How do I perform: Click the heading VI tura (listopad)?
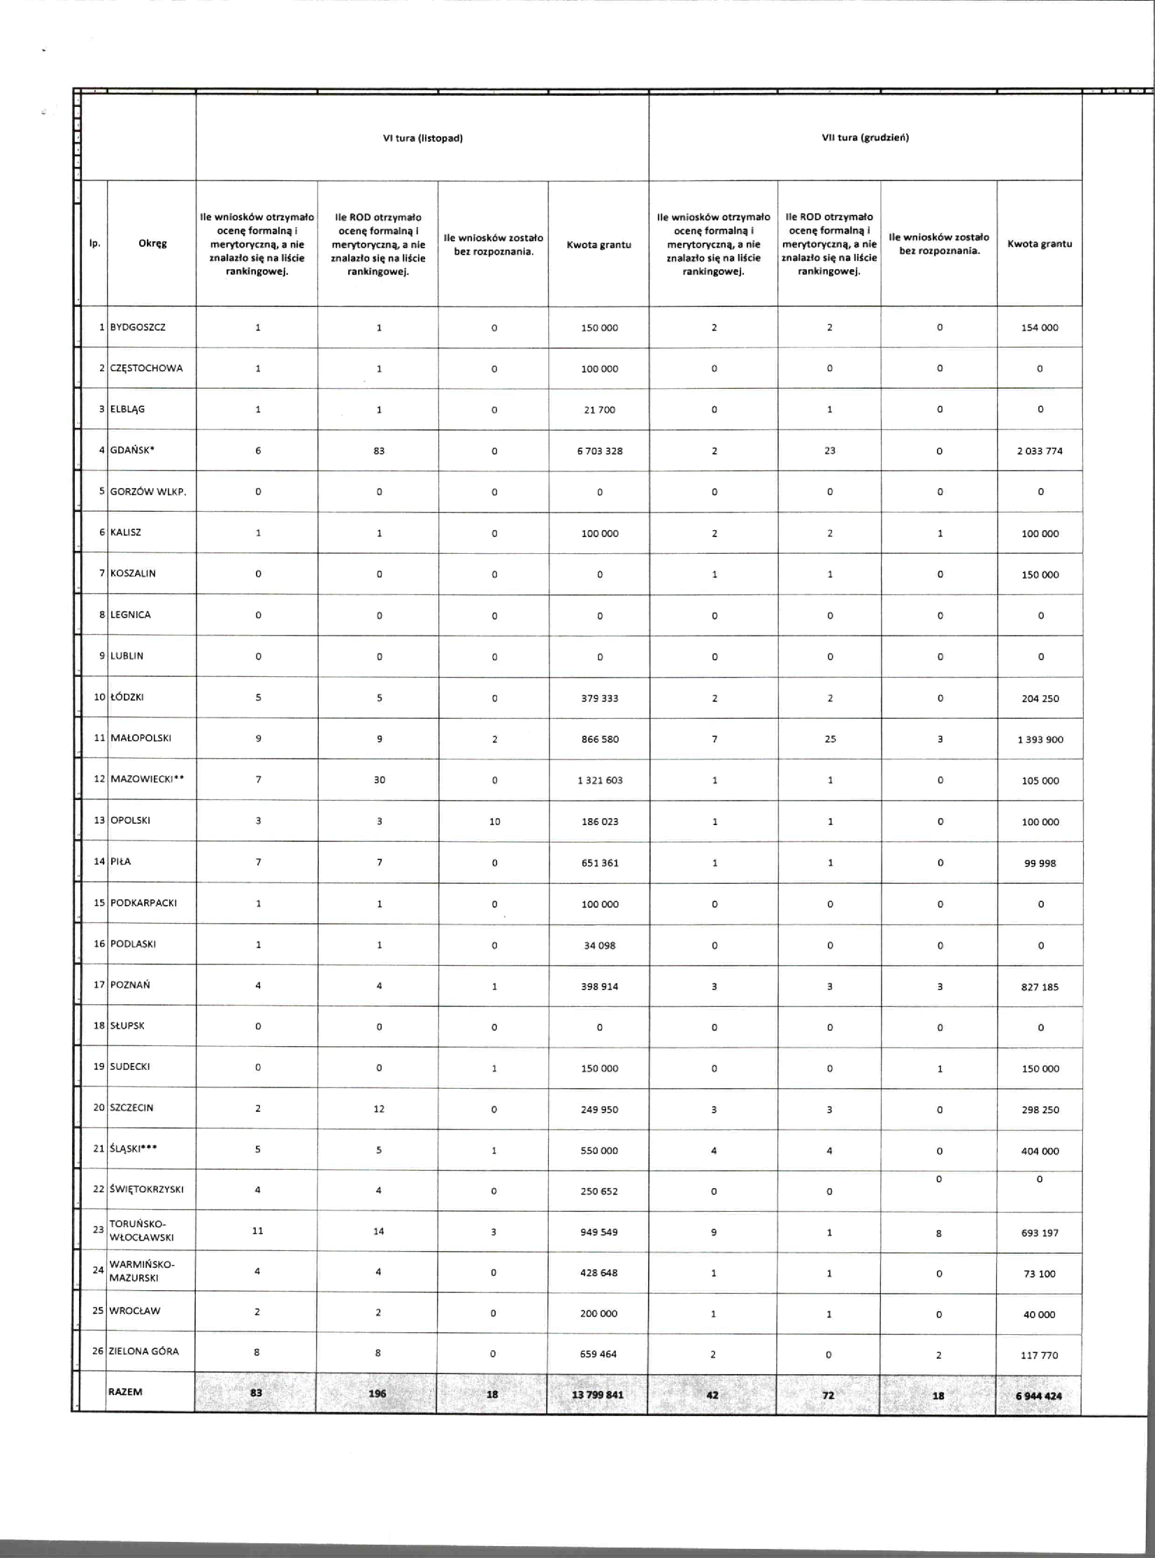pos(422,138)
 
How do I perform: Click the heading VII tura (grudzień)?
pos(865,138)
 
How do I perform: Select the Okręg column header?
pos(152,243)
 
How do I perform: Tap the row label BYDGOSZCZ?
pos(138,327)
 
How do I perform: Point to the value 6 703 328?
pos(599,451)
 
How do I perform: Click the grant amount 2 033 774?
pos(1040,451)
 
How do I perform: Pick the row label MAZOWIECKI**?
pos(147,779)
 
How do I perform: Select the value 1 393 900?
pos(1040,739)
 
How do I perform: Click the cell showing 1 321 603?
pos(599,780)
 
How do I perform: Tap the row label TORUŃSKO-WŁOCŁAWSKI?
pos(141,1231)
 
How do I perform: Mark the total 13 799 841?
pos(597,1395)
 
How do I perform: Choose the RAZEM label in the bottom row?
pos(125,1392)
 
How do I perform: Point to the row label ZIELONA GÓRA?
pos(143,1351)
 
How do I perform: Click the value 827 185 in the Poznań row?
pos(1040,987)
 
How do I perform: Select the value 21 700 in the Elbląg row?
pos(599,410)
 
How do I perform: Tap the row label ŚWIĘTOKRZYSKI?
pos(146,1189)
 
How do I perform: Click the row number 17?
pos(99,985)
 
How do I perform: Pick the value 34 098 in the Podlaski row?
pos(599,945)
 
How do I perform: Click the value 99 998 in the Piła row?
pos(1040,863)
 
